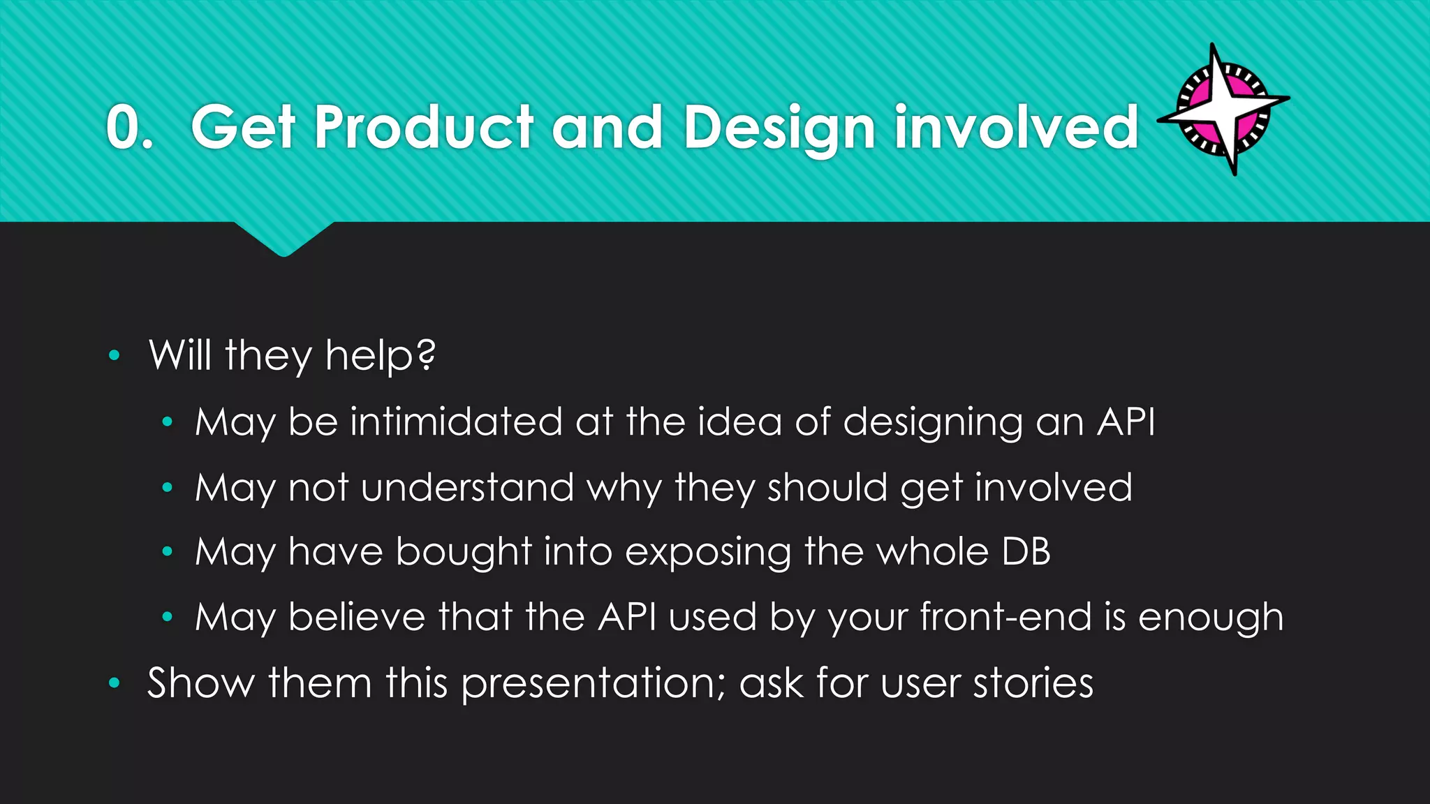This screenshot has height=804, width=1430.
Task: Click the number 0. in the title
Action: [x=129, y=127]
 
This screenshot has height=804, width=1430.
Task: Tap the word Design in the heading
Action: [x=779, y=128]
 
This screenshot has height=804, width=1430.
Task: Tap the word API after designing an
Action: [x=1126, y=422]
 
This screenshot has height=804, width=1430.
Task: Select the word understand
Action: [x=468, y=487]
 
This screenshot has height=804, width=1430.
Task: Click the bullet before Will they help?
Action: [x=115, y=356]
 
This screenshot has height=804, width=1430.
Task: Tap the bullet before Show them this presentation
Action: [x=115, y=683]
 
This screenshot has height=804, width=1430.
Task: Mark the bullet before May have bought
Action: [x=167, y=552]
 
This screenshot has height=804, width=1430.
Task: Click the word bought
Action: [x=464, y=552]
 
